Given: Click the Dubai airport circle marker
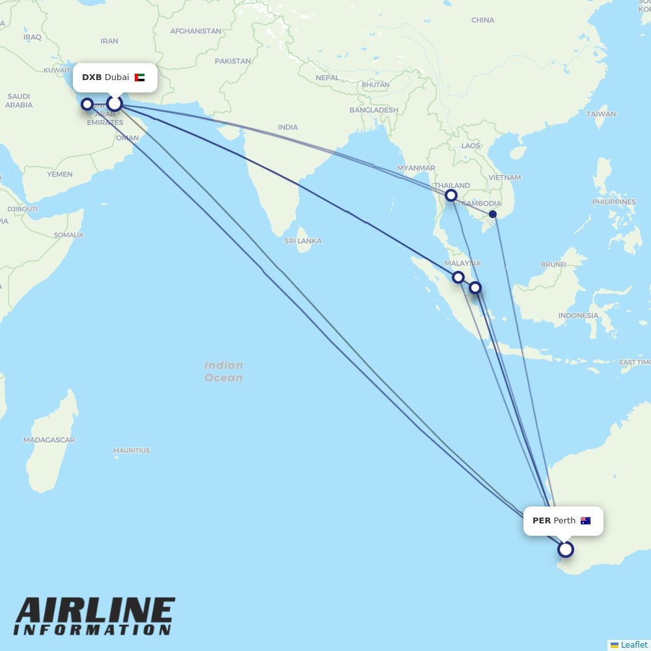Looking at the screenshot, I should pos(115,104).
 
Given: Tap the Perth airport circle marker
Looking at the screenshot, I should pos(566,549).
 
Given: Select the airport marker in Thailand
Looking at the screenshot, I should pos(451,195).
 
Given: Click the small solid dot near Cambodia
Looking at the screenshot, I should pos(493,214).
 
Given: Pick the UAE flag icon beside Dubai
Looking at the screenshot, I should pos(140,77).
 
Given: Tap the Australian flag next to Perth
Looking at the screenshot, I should pos(585,521).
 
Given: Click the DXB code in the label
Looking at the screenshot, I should pos(92,77).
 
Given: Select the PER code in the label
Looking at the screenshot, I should pos(542,521).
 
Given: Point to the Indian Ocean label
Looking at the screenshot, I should pos(223,372).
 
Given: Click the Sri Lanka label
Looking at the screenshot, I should pos(303,241).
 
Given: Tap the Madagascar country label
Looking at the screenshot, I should pos(49,440).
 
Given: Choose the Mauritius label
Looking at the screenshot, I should pos(132,450).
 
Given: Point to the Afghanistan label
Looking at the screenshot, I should pos(195,31).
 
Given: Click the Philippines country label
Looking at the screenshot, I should pos(614,202).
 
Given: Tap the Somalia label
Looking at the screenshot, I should pos(68,235).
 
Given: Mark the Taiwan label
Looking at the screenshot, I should pos(601,114).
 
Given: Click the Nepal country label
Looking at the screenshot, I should pos(327,77).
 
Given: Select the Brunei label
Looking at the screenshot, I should pos(553,264).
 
